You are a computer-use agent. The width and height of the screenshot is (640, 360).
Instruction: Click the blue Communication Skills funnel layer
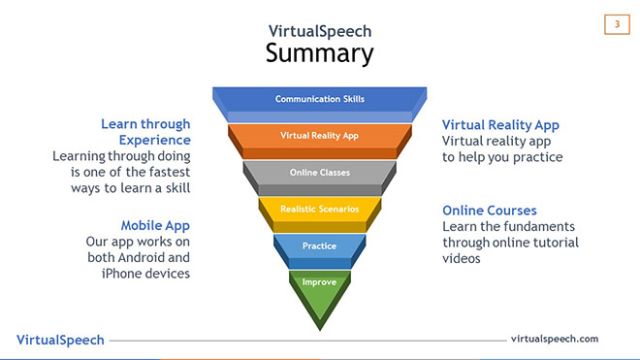(x=319, y=99)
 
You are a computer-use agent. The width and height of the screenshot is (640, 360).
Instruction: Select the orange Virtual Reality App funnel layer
(x=319, y=135)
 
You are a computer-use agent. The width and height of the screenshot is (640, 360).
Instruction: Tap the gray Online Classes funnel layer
(x=319, y=172)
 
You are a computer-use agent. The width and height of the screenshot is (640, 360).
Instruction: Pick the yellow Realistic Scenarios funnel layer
(x=319, y=209)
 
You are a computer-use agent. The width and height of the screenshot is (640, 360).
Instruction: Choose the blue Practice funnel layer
(x=319, y=245)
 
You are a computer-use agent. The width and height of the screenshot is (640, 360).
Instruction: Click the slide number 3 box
(x=617, y=24)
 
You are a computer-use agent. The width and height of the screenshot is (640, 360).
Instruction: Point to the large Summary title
(x=319, y=52)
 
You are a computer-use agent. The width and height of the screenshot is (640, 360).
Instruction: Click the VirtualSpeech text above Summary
(x=319, y=30)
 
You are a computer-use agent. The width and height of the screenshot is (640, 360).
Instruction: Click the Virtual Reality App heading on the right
(x=500, y=125)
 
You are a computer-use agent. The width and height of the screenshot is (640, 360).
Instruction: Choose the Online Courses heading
(x=490, y=210)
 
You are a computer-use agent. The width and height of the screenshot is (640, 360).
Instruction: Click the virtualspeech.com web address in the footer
(x=555, y=339)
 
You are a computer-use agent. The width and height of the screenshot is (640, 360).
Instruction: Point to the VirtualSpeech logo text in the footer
(x=60, y=340)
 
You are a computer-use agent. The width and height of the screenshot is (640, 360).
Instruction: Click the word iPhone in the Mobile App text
(x=123, y=274)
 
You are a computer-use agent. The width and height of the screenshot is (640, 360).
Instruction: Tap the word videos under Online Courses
(x=462, y=259)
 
